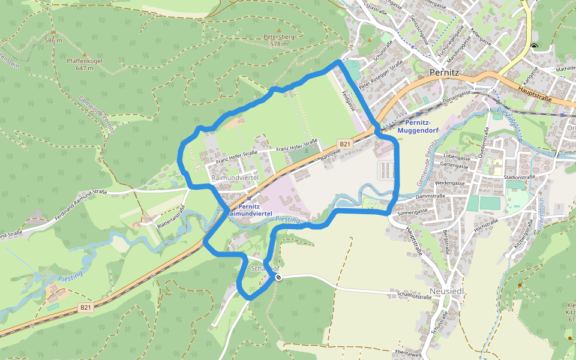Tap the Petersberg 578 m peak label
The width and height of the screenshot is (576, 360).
pos(279,40)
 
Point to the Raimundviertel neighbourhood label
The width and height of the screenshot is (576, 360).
pos(235,178)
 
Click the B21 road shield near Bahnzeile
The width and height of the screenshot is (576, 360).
pos(344,144)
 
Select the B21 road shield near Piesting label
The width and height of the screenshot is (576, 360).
pos(86,308)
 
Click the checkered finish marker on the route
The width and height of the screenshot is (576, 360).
pos(278,277)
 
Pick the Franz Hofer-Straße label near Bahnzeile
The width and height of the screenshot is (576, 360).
pos(296,145)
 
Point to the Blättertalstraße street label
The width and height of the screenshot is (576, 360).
pos(173,216)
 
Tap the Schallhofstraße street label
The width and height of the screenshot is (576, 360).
pos(414,295)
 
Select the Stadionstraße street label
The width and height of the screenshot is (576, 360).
pos(520,178)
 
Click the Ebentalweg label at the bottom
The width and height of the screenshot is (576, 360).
pos(408,353)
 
